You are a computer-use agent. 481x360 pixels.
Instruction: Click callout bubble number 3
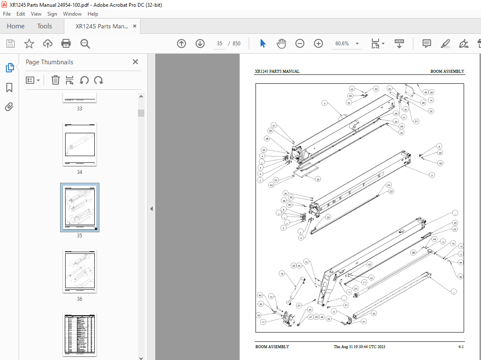pos(324,103)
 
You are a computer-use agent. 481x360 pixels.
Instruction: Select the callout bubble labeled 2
pos(432,175)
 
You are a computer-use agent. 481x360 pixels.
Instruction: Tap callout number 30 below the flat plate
pos(318,179)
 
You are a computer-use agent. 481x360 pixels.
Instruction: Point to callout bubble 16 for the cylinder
pos(282,274)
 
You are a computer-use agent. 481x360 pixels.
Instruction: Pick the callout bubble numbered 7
pos(454,292)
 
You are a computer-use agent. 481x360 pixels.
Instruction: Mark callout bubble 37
pos(274,126)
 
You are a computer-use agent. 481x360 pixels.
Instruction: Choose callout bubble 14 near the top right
pos(431,100)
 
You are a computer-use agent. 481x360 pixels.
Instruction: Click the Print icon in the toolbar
pos(66,44)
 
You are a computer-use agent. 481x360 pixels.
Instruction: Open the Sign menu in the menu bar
pos(52,14)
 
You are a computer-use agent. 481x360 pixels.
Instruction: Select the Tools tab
pos(44,26)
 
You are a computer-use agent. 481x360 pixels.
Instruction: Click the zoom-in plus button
pos(319,44)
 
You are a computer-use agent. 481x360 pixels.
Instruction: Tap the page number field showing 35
pos(220,44)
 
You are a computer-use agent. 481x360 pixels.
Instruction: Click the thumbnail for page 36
pos(80,271)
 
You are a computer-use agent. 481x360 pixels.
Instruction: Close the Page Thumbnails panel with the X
pos(135,62)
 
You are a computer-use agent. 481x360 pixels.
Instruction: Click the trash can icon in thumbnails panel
pos(55,80)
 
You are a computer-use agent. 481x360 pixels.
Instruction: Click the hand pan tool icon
pos(281,44)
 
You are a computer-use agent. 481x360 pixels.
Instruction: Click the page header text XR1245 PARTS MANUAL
pos(277,71)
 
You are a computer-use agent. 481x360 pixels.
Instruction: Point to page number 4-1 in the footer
pos(461,347)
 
